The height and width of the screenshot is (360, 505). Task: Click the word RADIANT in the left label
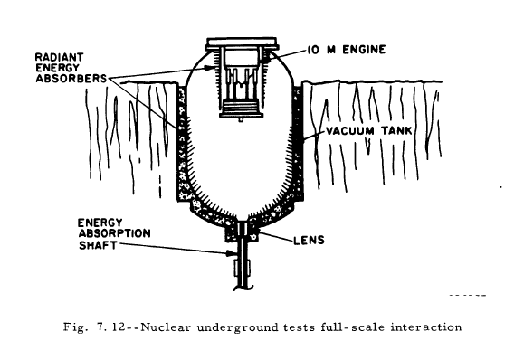click(59, 57)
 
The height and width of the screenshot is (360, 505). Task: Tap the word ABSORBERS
click(71, 79)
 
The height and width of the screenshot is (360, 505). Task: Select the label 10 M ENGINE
click(347, 50)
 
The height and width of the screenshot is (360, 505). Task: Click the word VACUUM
click(350, 131)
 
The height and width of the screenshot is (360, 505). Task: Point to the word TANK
click(396, 131)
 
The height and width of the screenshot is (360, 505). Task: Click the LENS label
click(309, 241)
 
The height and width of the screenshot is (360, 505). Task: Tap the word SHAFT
click(98, 245)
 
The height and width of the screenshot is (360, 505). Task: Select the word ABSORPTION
click(114, 233)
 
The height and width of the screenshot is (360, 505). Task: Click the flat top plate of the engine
click(242, 43)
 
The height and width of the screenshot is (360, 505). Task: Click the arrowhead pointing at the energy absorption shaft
click(230, 253)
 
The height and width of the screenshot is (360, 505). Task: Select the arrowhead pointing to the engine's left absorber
click(209, 68)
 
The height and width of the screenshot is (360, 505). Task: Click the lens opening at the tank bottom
click(243, 228)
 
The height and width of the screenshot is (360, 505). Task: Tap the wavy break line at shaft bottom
click(243, 288)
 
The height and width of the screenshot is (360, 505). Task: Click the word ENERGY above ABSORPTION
click(100, 223)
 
